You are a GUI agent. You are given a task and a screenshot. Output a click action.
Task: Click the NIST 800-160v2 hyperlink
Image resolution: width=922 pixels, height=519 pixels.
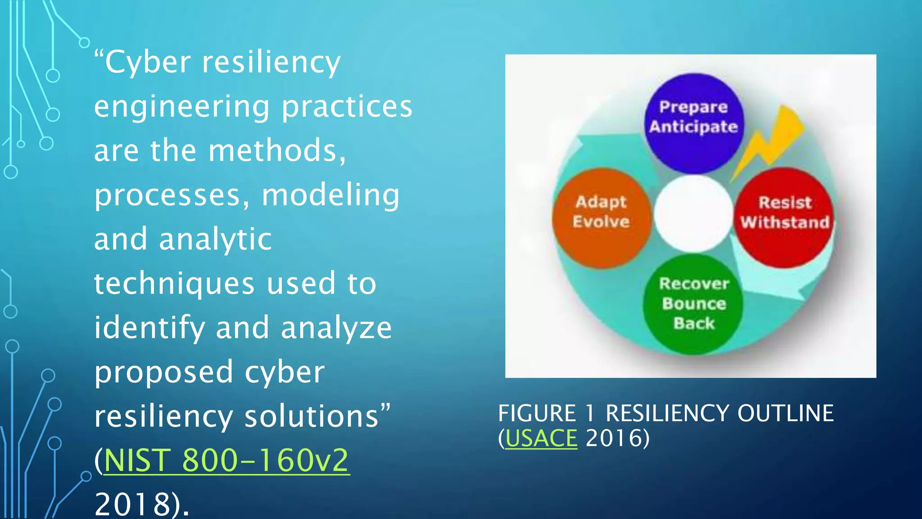pyautogui.click(x=226, y=460)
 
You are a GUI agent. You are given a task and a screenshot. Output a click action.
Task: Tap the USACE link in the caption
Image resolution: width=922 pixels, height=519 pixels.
pyautogui.click(x=541, y=438)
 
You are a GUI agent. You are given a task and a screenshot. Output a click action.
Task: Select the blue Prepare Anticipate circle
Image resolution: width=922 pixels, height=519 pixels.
pyautogui.click(x=693, y=123)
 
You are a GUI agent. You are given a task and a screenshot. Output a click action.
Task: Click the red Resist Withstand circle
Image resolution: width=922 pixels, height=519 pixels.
pyautogui.click(x=784, y=218)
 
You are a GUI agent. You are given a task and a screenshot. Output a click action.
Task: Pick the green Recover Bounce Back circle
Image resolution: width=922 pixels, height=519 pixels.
pyautogui.click(x=693, y=304)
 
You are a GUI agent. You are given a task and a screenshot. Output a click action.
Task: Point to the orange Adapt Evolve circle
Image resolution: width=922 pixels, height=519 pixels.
pyautogui.click(x=601, y=218)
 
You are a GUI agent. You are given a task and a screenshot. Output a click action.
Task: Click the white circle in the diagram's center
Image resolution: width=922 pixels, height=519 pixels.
pyautogui.click(x=693, y=213)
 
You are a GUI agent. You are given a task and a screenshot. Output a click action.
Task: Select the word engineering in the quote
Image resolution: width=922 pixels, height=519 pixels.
pyautogui.click(x=182, y=107)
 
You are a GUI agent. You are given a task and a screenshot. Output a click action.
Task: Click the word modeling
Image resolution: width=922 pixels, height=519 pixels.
pyautogui.click(x=330, y=196)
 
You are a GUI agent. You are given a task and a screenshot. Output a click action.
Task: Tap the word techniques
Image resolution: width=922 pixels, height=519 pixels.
pyautogui.click(x=174, y=284)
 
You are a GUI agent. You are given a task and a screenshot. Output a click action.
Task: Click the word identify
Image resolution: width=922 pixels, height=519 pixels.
pyautogui.click(x=149, y=328)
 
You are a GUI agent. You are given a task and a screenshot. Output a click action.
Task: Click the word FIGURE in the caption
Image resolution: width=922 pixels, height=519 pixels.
pyautogui.click(x=537, y=414)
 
